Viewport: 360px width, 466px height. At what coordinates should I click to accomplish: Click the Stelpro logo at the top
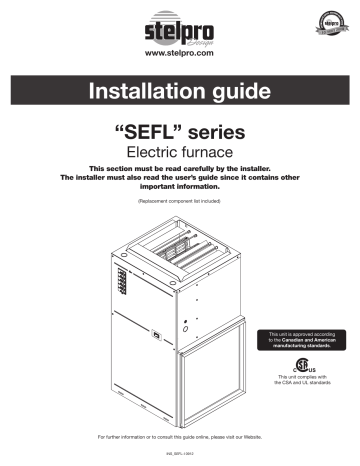tap(179, 22)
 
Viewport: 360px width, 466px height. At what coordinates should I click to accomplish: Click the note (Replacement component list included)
tap(179, 201)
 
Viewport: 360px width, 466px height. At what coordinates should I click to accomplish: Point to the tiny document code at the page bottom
tap(179, 456)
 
